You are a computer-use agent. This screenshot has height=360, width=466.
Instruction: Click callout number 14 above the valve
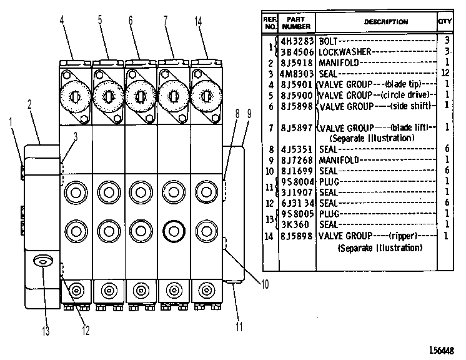point(198,21)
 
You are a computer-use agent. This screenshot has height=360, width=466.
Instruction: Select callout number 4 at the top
point(62,20)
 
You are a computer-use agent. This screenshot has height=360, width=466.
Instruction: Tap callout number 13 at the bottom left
point(46,331)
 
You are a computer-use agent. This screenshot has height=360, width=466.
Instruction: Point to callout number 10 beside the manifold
point(265,284)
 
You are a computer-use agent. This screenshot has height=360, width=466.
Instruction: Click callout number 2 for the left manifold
point(29,104)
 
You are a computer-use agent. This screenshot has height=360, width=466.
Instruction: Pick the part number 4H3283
point(297,41)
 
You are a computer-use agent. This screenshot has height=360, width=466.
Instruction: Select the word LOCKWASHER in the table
point(345,52)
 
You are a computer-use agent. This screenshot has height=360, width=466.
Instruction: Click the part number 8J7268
point(297,160)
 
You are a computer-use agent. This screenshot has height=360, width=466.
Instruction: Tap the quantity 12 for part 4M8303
point(445,73)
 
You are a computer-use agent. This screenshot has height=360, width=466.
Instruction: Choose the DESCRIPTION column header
point(386,22)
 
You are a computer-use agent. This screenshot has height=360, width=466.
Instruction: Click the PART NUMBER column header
point(296,23)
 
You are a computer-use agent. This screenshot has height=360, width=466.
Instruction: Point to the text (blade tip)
point(403,84)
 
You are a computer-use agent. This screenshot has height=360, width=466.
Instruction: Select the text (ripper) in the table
point(403,236)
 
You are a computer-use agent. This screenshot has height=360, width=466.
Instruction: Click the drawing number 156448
point(442,351)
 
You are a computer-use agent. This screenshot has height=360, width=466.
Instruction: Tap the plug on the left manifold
point(43,262)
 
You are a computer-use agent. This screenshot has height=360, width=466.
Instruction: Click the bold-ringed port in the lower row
point(174,231)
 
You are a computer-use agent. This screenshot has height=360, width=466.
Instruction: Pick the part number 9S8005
point(297,214)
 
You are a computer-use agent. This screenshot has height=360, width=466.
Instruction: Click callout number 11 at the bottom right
point(239,327)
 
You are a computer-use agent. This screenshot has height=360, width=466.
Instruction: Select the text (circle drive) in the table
point(405,95)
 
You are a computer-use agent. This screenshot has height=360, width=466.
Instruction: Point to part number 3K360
point(295,224)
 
